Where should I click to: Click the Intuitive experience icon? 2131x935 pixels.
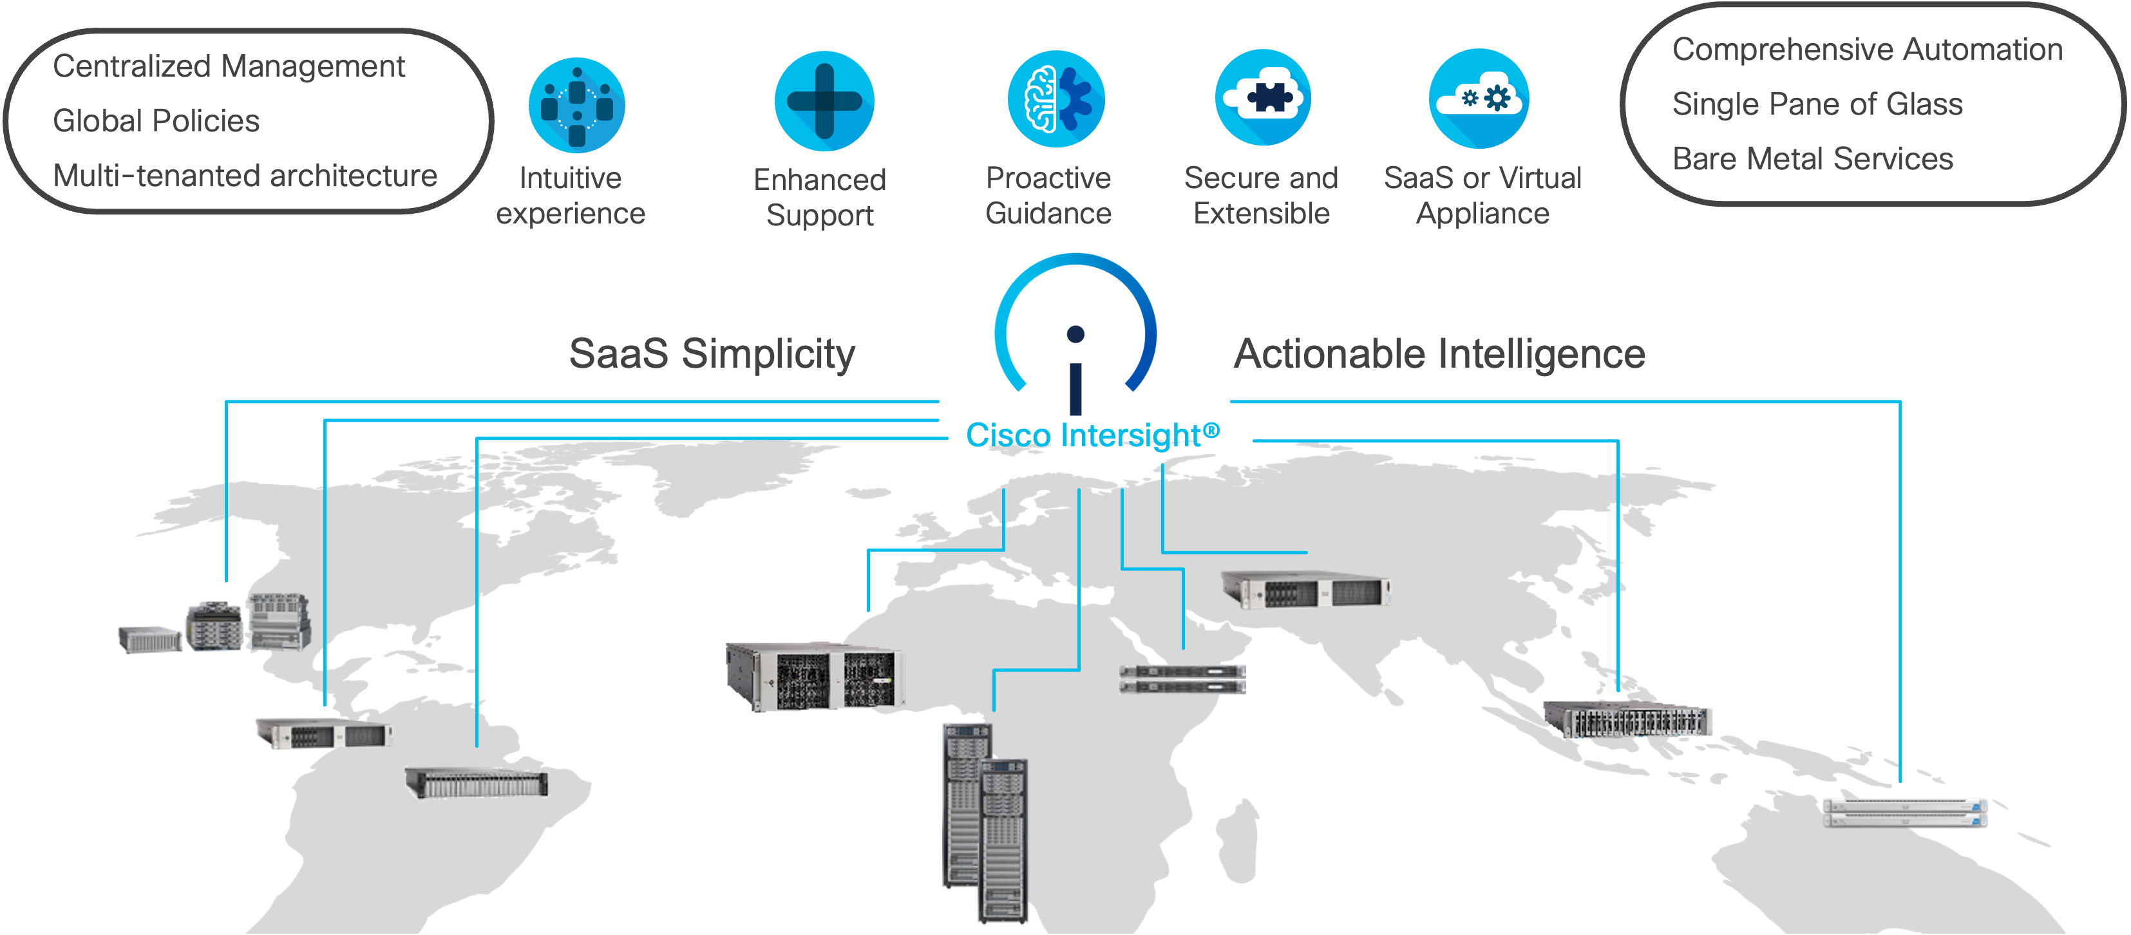pos(576,105)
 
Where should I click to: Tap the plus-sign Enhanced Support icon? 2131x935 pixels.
pos(824,101)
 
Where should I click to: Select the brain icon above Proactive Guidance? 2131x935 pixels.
pos(1056,99)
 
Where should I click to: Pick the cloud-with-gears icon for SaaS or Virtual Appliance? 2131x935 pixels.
pos(1479,99)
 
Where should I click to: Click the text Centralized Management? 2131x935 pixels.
pos(229,66)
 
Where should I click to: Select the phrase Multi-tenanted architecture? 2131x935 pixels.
pos(245,175)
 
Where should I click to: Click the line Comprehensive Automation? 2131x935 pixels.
pos(1867,50)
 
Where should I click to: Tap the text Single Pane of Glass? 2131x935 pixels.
pos(1817,104)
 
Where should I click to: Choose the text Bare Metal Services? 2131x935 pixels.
pos(1812,159)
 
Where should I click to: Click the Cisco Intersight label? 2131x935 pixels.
pos(1092,435)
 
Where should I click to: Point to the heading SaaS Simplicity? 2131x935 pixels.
pos(712,354)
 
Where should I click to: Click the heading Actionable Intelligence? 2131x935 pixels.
pos(1439,354)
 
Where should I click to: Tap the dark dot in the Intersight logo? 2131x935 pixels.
pos(1075,334)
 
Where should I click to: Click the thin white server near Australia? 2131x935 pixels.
pos(1904,812)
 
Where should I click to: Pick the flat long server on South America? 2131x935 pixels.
pos(477,782)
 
